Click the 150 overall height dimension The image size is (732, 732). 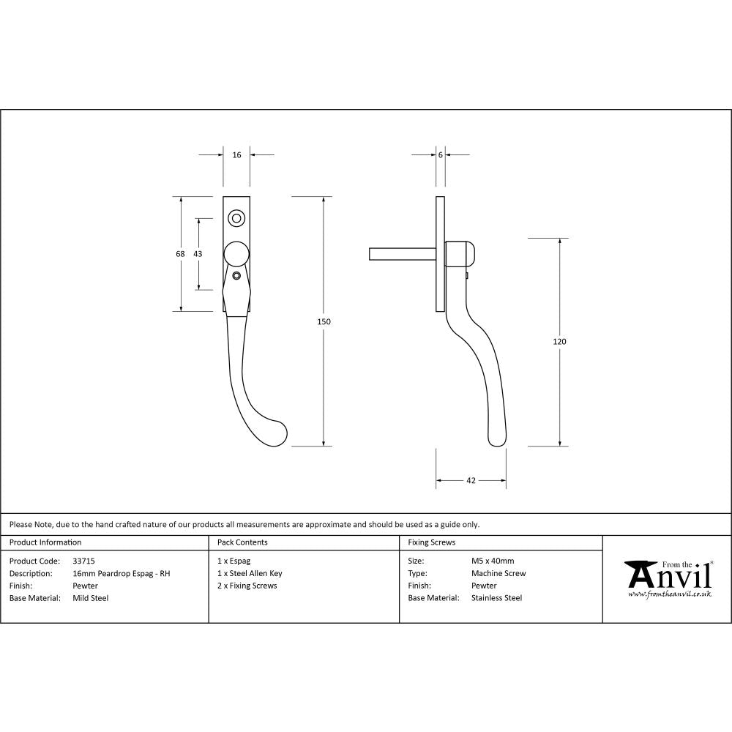324,321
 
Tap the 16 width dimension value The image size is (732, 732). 236,155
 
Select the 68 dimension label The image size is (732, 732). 180,253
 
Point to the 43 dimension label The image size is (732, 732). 198,253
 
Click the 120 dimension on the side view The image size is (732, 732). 561,341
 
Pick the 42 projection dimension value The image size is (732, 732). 471,481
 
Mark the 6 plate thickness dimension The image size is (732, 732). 441,155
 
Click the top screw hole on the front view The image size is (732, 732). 236,217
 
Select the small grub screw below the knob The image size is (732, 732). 236,276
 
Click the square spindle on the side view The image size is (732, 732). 402,253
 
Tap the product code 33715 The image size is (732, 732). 84,561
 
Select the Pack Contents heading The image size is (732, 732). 242,542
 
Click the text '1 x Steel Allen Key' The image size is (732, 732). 250,573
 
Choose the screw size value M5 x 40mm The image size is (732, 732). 493,561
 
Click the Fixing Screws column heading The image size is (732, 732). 432,542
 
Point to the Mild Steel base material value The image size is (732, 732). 91,598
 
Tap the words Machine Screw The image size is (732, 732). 498,573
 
